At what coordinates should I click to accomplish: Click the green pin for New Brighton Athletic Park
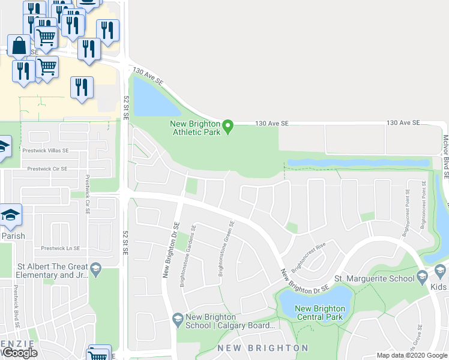coord(228,127)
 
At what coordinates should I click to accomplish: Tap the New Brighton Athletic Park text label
coord(196,128)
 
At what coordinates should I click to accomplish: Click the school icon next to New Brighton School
coord(177,318)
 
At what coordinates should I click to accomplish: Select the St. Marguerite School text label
coord(374,278)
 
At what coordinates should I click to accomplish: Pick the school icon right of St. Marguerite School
coord(422,277)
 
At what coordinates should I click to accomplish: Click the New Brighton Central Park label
coord(319,313)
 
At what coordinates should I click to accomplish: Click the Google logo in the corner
coord(20,353)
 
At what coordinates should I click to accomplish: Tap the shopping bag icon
coord(19,46)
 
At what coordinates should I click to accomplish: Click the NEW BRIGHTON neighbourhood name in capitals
coord(263,348)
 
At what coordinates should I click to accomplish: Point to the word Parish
coord(13,236)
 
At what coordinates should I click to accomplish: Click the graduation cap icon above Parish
coord(10,216)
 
